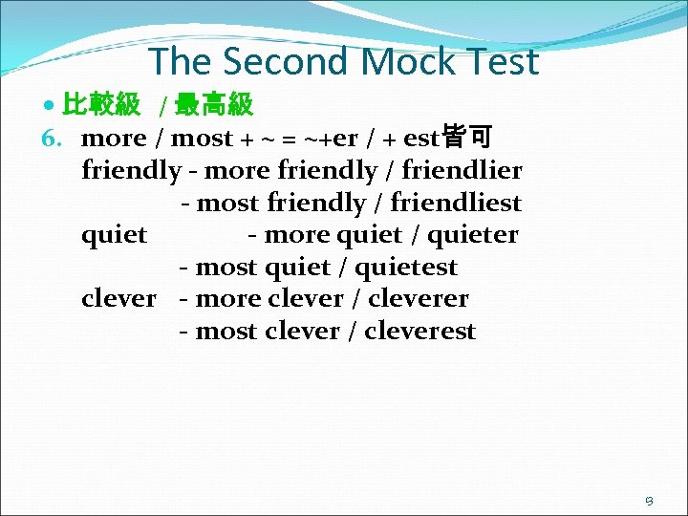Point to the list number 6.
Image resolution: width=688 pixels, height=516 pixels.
point(52,139)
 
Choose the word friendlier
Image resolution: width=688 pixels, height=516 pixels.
point(462,171)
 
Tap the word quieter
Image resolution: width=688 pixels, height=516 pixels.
point(473,235)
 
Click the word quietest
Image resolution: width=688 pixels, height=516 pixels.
point(406,268)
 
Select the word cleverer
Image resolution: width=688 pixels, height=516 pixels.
point(418,299)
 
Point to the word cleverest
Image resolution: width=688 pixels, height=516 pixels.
point(419,332)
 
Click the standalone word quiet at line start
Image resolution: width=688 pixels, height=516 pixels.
point(115,235)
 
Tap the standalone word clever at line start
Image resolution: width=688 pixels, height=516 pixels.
point(118,299)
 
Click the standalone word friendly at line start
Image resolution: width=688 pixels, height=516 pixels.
point(131,171)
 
